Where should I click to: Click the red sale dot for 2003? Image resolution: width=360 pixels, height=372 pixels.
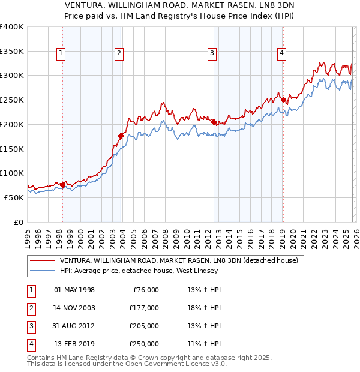coord(121,136)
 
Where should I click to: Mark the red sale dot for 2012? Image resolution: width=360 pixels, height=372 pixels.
coord(214,122)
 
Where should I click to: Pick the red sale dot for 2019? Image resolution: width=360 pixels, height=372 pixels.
coord(283,100)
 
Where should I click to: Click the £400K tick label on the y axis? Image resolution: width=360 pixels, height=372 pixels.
coord(12,27)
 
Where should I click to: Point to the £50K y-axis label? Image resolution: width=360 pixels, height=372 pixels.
coord(14,197)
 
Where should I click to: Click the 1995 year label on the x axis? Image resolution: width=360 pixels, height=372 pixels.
coord(27,235)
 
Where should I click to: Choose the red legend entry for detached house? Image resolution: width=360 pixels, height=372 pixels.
coord(174,260)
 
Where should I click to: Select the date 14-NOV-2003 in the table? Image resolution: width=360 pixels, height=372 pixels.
coord(74,308)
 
